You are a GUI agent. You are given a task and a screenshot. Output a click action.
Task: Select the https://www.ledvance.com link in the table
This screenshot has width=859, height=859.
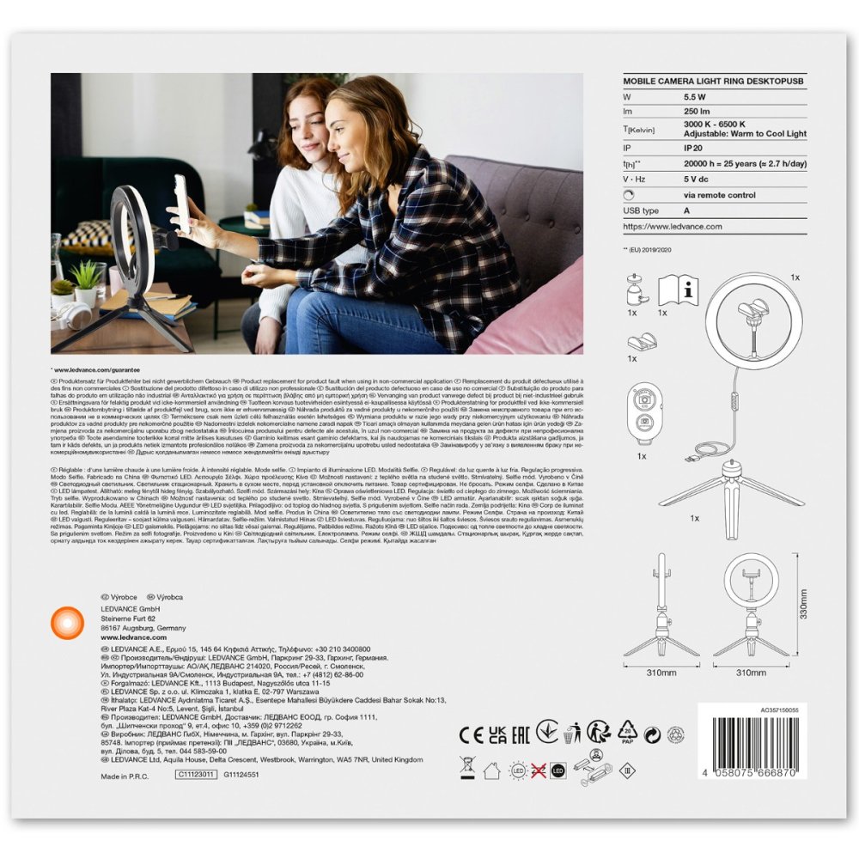673,226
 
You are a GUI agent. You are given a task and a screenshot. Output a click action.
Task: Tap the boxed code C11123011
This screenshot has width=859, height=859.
196,774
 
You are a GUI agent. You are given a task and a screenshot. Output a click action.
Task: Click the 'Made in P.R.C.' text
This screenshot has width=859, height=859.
125,775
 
